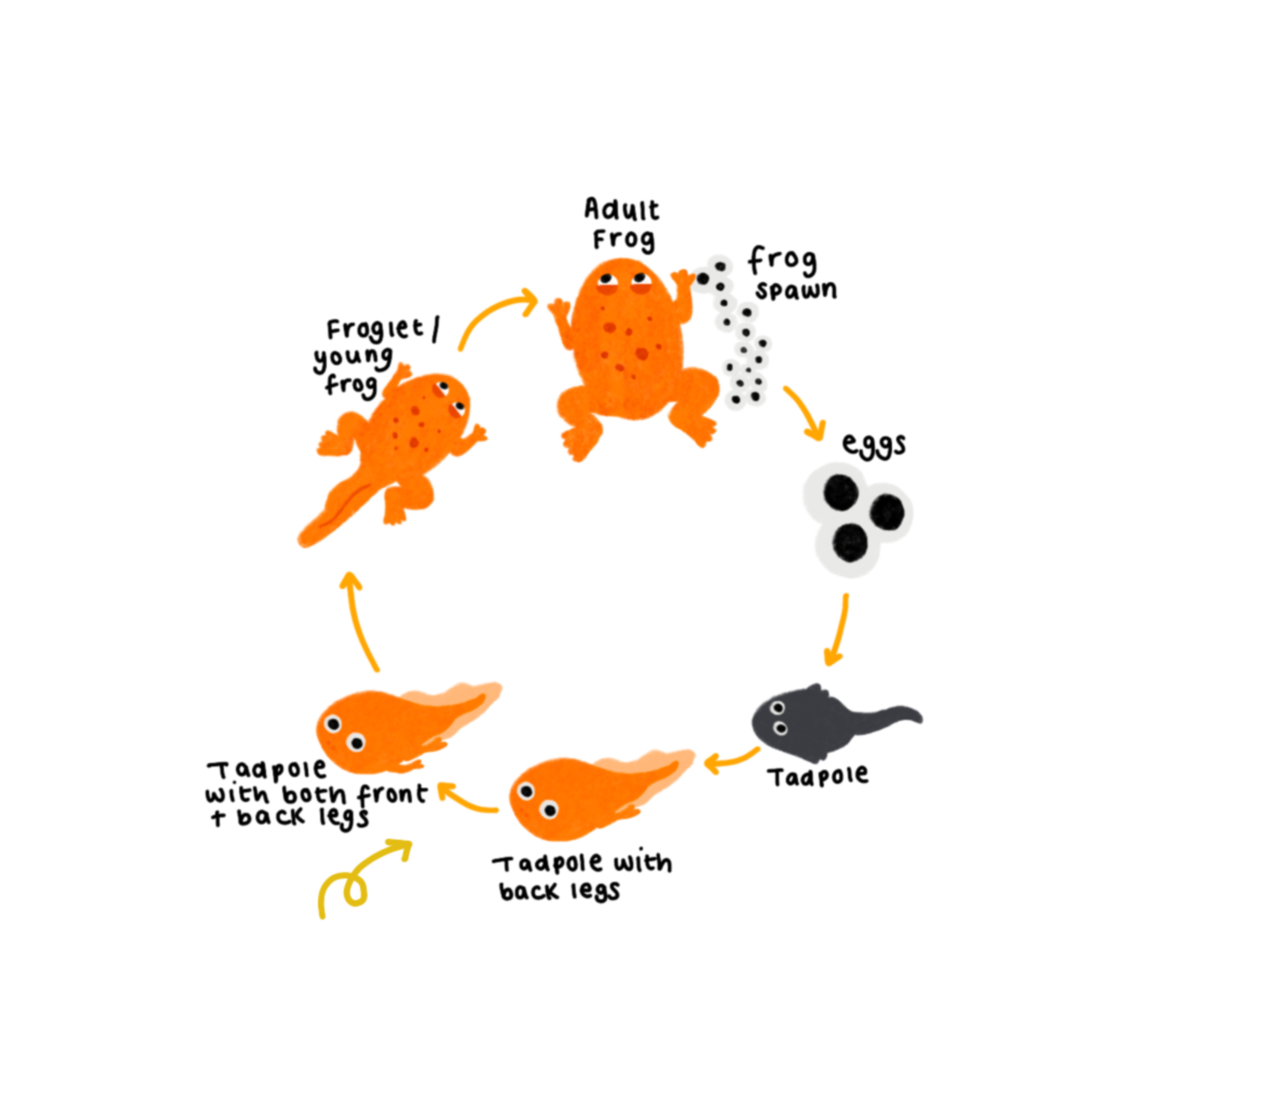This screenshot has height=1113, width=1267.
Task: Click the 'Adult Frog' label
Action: pos(622,224)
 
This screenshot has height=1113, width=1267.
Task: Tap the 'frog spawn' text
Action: pos(790,274)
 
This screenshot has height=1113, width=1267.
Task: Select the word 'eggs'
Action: pos(874,444)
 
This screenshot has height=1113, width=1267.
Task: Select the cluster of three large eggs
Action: pos(856,520)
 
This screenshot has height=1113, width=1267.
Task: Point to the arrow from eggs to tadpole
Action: pos(838,629)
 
